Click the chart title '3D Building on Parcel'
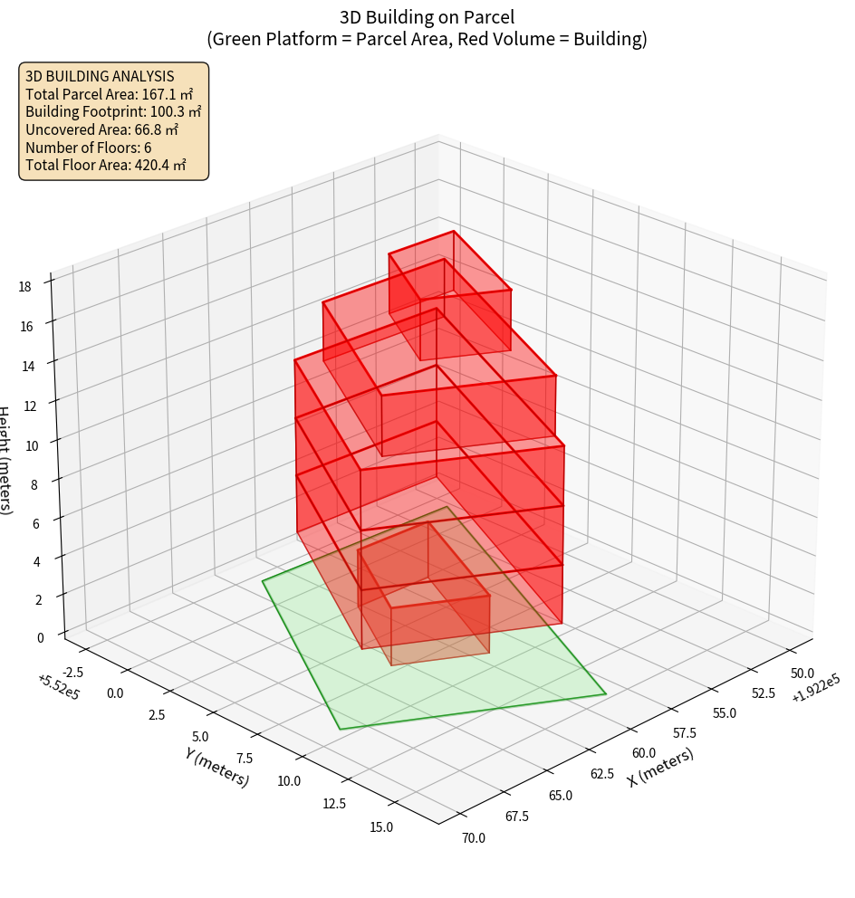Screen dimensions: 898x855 click(427, 16)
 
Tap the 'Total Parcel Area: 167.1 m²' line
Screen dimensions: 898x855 click(109, 94)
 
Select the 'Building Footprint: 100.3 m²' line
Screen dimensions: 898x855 click(113, 111)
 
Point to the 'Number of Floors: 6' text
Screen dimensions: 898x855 click(88, 148)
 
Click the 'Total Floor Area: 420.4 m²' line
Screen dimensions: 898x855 click(105, 165)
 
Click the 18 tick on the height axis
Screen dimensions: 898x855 click(24, 287)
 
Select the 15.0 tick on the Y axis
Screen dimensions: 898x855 click(381, 826)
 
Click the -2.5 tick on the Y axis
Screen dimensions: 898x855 click(75, 671)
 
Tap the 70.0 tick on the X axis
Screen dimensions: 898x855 click(474, 837)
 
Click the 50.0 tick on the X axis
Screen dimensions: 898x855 click(802, 673)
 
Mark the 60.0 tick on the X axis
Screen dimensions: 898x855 click(644, 753)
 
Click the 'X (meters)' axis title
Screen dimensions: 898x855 click(660, 767)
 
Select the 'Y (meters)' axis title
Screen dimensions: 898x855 click(216, 766)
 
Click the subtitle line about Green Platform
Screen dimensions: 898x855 click(427, 40)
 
